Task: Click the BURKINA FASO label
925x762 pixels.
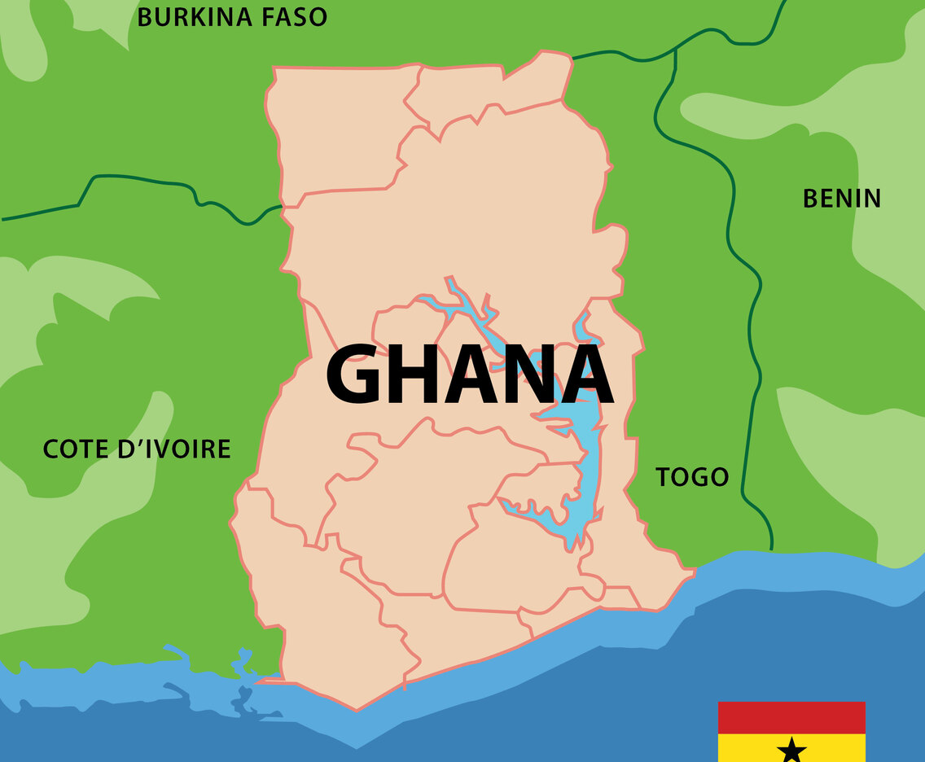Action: [232, 16]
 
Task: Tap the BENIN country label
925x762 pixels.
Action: [842, 198]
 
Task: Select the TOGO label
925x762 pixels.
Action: [692, 476]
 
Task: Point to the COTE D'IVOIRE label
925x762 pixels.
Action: [137, 449]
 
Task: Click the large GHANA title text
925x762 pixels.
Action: [469, 374]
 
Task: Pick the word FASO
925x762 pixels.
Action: [289, 16]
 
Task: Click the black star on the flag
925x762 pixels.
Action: [791, 751]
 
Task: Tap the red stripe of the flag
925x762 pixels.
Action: [791, 717]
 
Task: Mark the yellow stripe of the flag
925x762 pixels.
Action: [749, 747]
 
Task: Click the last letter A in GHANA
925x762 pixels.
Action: [583, 374]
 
